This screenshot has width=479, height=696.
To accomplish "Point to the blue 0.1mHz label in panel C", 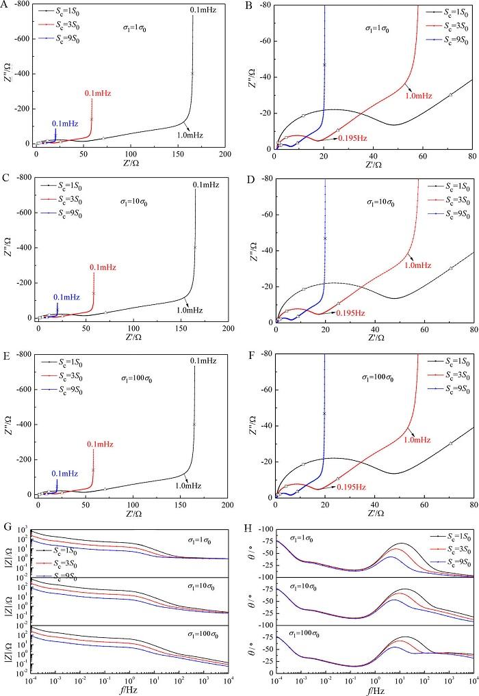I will pos(66,297).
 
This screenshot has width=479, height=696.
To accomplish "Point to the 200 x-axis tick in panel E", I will pos(227,504).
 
